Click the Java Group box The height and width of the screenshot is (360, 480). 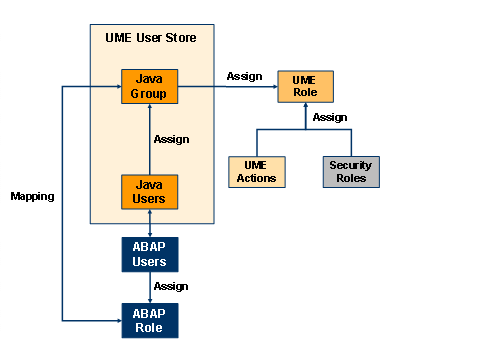click(x=149, y=86)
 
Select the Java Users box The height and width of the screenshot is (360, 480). click(x=149, y=192)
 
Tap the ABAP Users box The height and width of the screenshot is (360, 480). click(x=149, y=256)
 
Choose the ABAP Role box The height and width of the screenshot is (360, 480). click(x=149, y=319)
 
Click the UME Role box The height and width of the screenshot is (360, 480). click(x=305, y=86)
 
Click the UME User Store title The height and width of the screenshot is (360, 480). click(x=150, y=38)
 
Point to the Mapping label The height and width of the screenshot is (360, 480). click(x=32, y=196)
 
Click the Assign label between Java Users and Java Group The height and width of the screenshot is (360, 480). click(x=171, y=139)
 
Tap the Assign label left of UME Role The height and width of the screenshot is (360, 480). click(x=244, y=75)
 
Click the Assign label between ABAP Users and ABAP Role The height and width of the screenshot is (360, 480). click(x=171, y=286)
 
